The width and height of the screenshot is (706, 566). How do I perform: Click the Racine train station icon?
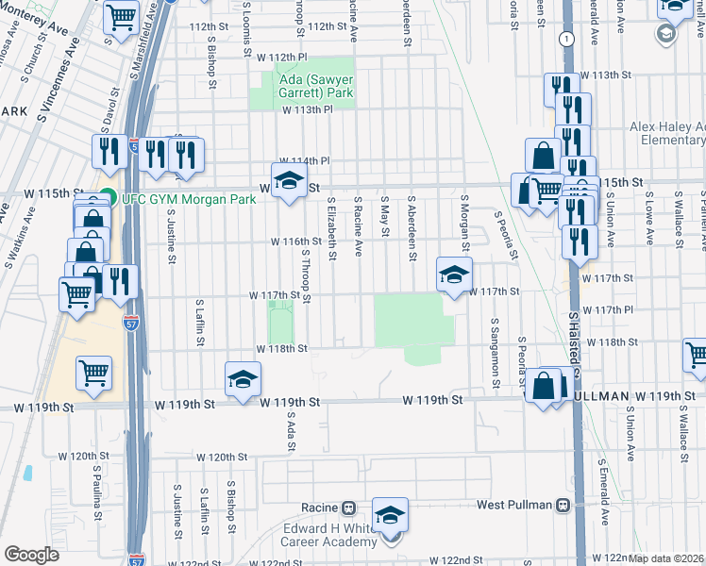[348, 506]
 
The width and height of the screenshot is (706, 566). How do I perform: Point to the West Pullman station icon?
[563, 505]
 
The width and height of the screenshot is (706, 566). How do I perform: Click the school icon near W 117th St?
[454, 275]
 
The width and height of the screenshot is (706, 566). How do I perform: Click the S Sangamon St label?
[494, 352]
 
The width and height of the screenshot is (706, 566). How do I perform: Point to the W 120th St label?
[223, 457]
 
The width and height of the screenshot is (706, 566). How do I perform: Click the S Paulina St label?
[96, 491]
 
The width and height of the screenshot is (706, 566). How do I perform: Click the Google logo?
[31, 555]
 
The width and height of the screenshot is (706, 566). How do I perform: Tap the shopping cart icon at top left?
[122, 17]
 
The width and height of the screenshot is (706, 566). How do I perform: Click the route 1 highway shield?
[564, 39]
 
